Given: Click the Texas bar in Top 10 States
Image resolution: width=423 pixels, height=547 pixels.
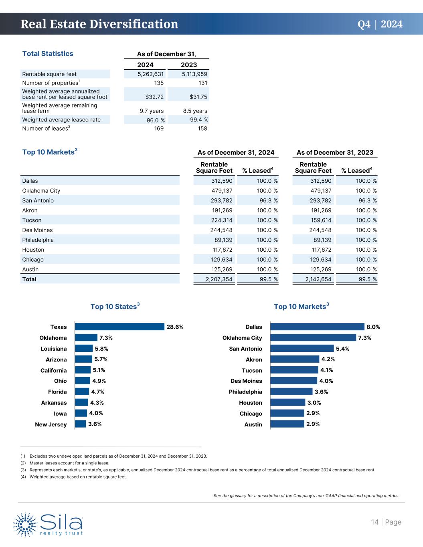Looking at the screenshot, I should click(119, 327).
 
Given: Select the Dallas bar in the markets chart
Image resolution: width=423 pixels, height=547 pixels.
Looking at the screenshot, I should click(317, 327).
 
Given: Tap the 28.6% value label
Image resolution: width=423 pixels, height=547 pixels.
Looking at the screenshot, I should click(175, 327).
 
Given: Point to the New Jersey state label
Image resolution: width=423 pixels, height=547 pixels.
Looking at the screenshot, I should click(51, 424).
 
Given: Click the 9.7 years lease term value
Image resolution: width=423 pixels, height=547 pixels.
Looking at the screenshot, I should click(152, 111).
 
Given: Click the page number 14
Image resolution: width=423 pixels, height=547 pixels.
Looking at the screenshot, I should click(374, 522).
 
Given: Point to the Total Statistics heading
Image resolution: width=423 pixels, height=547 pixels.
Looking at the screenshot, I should click(48, 54).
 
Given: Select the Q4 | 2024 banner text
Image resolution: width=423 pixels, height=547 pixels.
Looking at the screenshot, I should click(380, 24).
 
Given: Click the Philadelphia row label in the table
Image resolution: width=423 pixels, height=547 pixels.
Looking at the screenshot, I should click(38, 240).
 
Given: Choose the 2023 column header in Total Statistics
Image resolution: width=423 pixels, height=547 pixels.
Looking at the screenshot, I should click(189, 65).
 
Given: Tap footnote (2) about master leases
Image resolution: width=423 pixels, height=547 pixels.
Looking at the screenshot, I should click(64, 463).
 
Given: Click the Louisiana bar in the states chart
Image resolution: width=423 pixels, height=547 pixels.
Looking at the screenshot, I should click(84, 348).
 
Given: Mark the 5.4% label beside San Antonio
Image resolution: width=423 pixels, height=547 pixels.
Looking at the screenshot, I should click(342, 349).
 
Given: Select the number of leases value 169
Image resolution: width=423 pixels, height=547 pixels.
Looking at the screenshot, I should click(159, 128).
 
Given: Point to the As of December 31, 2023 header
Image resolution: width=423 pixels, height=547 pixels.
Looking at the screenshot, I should click(335, 152).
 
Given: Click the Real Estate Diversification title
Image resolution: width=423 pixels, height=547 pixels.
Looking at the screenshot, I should click(99, 24).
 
